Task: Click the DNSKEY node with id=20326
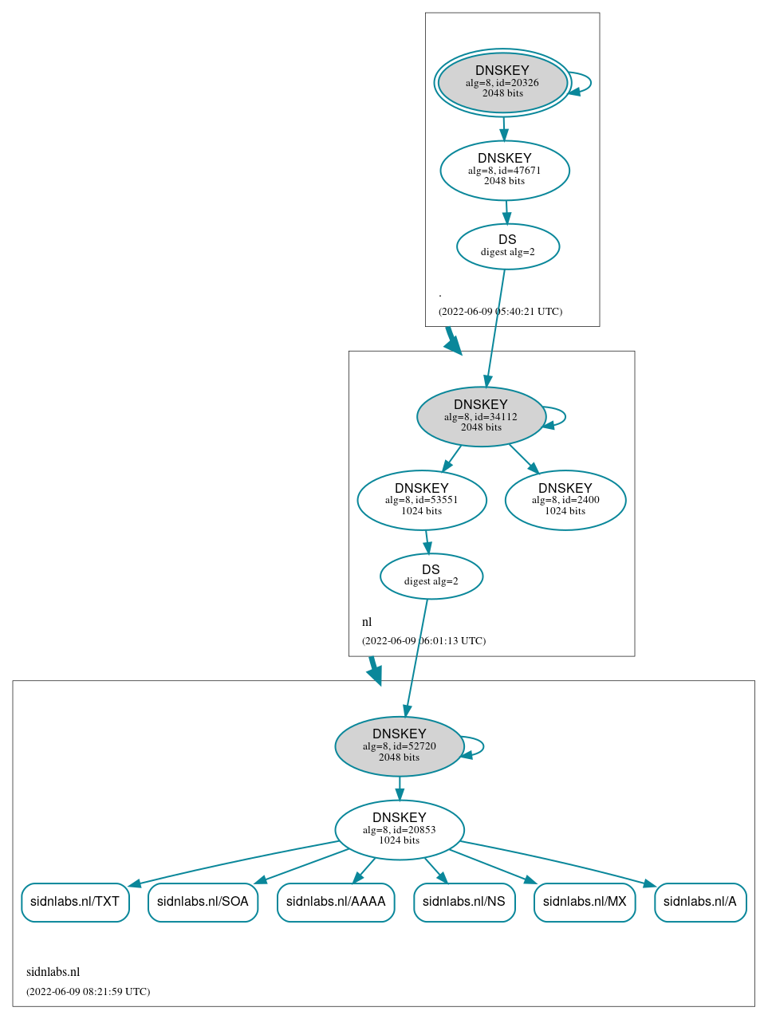click(x=502, y=82)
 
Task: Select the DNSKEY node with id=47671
click(x=504, y=170)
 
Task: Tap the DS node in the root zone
click(x=507, y=246)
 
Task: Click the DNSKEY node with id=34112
click(x=480, y=416)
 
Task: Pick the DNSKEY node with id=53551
click(x=421, y=500)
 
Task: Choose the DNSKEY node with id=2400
click(x=565, y=500)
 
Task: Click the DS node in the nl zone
click(x=431, y=576)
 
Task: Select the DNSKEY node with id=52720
click(x=399, y=746)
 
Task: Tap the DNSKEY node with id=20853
click(x=399, y=829)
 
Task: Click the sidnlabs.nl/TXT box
click(x=75, y=902)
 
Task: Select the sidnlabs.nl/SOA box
click(x=203, y=902)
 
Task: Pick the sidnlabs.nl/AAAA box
click(x=336, y=902)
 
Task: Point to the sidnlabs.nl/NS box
click(x=464, y=902)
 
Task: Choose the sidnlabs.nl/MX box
click(x=585, y=902)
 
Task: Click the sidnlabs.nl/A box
click(x=700, y=902)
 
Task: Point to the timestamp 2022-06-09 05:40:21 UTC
click(x=500, y=312)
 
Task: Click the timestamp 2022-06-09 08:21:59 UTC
click(x=88, y=992)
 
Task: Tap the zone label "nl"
click(x=367, y=622)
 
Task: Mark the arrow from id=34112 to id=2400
click(x=524, y=458)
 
